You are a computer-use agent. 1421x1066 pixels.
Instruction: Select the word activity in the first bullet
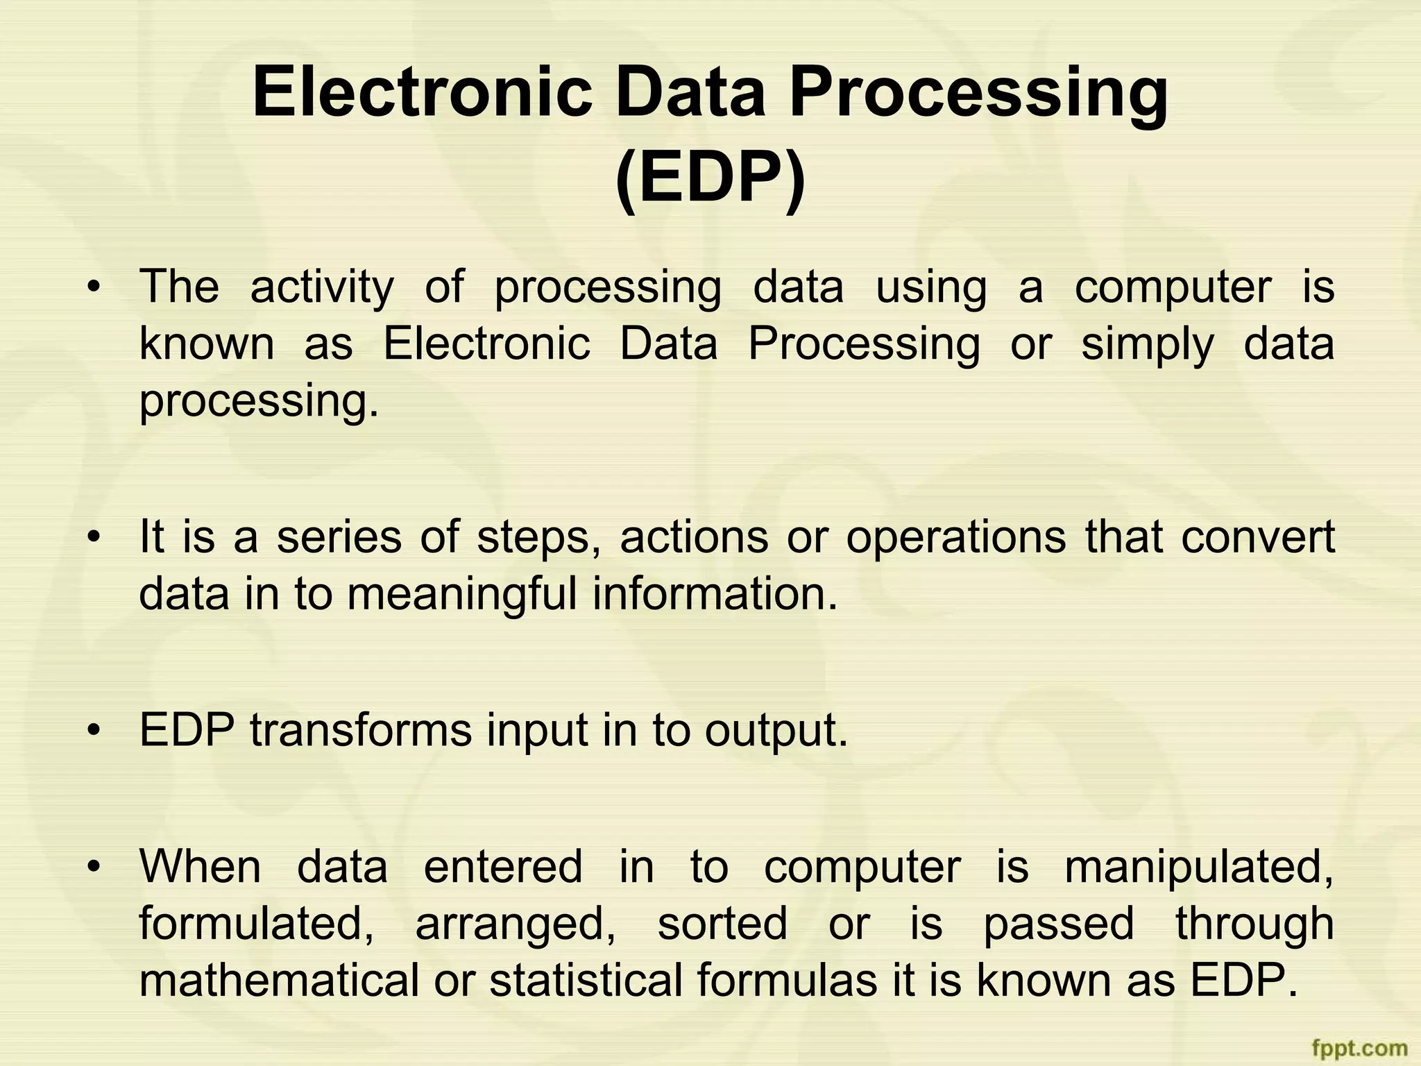click(322, 287)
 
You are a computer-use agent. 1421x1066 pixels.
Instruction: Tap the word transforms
click(361, 731)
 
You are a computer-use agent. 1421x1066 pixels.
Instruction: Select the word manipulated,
click(1199, 868)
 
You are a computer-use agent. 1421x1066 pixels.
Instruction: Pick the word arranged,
click(515, 924)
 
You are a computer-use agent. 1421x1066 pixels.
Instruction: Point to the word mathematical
click(279, 981)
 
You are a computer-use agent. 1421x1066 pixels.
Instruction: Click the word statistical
click(586, 981)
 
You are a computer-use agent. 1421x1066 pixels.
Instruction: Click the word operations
click(955, 538)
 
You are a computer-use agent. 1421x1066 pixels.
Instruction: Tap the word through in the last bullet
click(1254, 924)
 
